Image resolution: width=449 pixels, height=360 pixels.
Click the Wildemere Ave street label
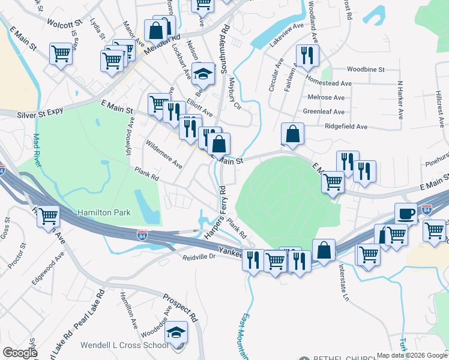[x=164, y=154]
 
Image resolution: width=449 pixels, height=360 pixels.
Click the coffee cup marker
[x=406, y=213]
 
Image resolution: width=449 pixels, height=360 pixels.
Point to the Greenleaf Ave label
[x=323, y=112]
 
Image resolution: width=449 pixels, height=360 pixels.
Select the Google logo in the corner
[x=19, y=353]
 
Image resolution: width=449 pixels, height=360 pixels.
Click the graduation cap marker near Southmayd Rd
[x=203, y=73]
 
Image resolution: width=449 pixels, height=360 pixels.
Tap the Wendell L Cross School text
[x=125, y=345]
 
